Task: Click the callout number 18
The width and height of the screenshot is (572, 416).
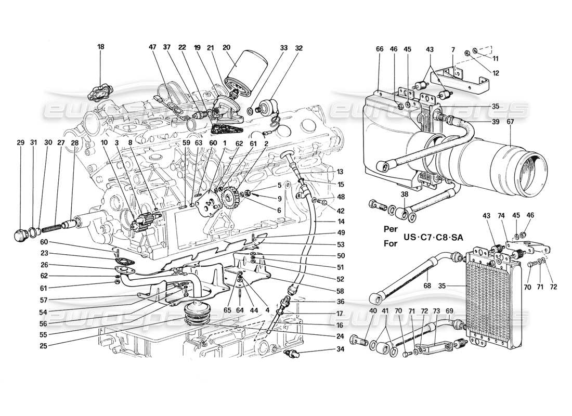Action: [x=101, y=46]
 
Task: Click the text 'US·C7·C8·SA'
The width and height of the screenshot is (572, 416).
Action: [x=434, y=237]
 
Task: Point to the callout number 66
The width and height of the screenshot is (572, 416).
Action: [x=379, y=49]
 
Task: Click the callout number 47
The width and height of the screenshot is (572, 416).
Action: [x=152, y=46]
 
